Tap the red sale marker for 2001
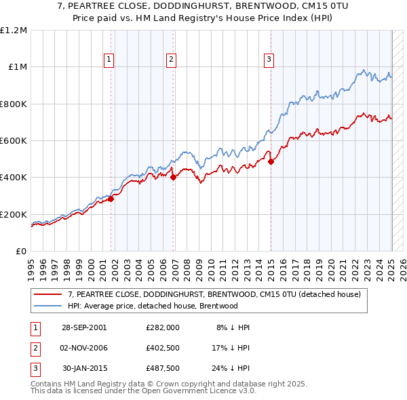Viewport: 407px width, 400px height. point(111,199)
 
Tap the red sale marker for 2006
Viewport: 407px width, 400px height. point(173,177)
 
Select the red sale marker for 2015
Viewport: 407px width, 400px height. point(271,161)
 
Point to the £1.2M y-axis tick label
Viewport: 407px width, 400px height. point(14,31)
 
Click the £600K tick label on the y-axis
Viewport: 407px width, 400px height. point(14,141)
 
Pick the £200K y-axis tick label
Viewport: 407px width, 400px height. point(14,214)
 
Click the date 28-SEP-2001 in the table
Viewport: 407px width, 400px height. point(84,327)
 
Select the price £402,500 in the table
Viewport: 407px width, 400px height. point(162,348)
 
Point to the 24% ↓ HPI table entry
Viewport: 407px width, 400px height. point(231,368)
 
